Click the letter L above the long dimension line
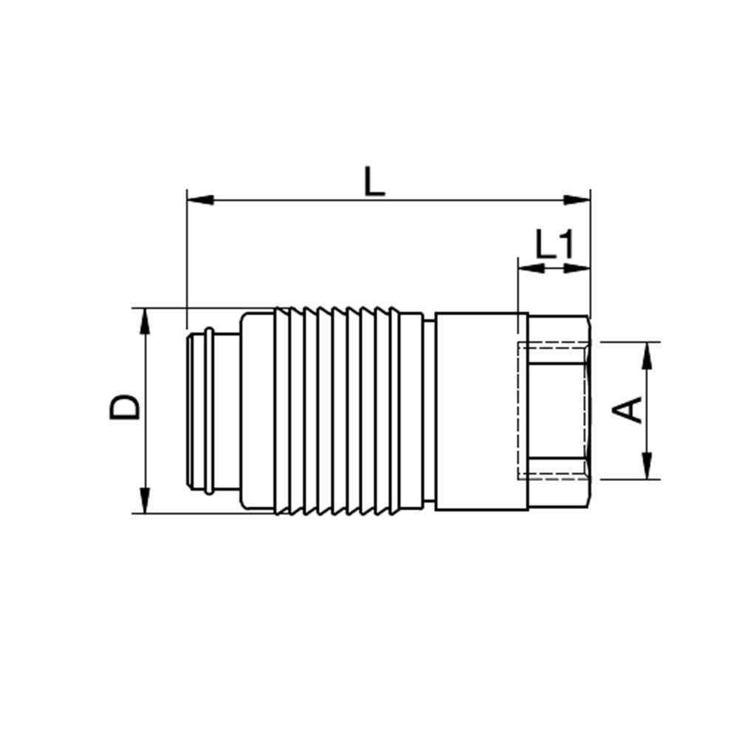coord(375,182)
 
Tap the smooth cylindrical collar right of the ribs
coord(480,410)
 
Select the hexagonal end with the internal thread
coord(559,410)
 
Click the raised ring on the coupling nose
coord(209,411)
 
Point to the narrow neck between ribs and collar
coord(429,410)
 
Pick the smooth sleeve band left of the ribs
coord(257,410)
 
